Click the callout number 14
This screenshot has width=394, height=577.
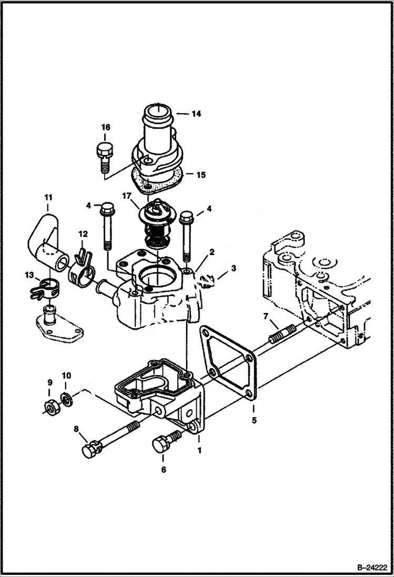click(196, 113)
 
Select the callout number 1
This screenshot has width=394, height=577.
click(200, 450)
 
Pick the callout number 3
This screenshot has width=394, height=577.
click(234, 268)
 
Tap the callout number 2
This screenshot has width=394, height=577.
click(211, 252)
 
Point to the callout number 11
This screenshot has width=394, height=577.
click(48, 198)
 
